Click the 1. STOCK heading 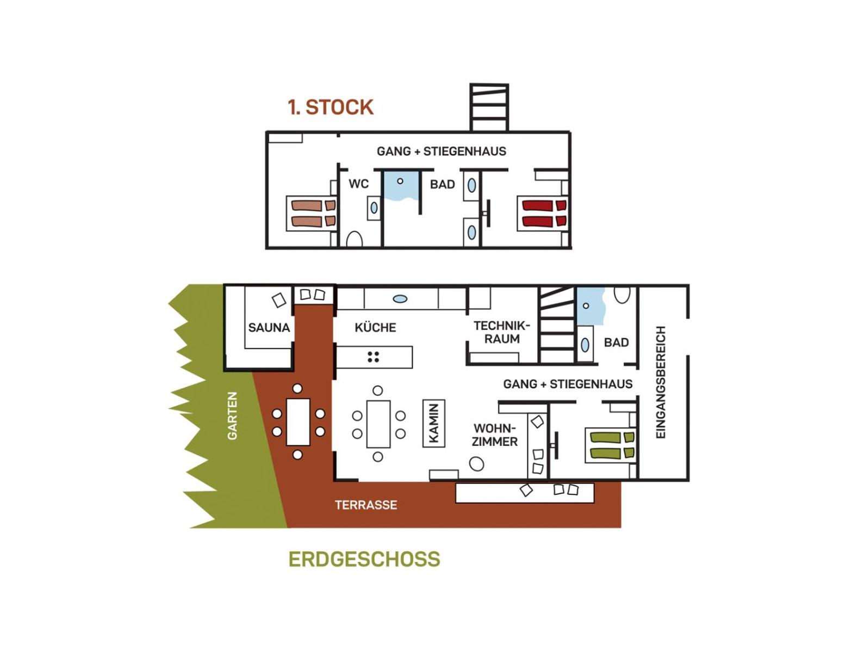point(330,107)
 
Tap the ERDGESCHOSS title point(364,559)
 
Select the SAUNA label point(269,327)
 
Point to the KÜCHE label point(375,327)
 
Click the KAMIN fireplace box point(434,424)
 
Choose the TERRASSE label point(366,505)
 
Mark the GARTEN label point(232,416)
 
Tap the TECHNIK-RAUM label point(502,332)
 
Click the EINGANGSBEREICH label point(661,382)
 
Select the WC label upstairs point(358,184)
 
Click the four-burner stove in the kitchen point(373,357)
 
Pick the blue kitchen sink point(400,299)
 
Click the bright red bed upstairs point(544,213)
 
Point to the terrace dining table point(298,422)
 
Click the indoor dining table point(378,424)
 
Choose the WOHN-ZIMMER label point(495,435)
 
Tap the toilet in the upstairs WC point(355,239)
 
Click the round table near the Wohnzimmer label point(477,464)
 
